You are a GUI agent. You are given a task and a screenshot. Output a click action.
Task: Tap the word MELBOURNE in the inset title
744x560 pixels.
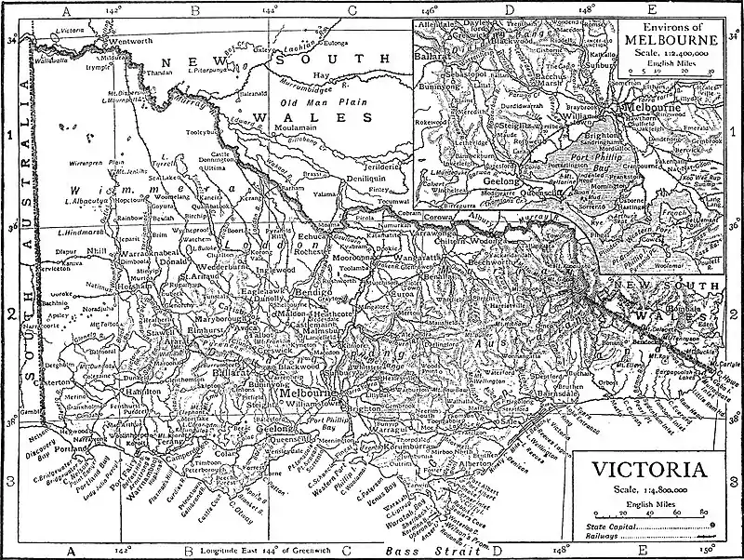click(x=671, y=41)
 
